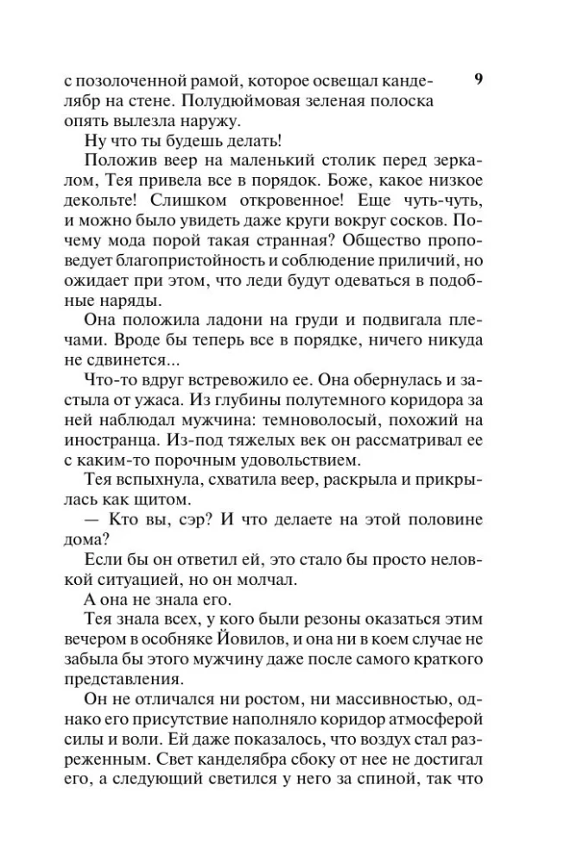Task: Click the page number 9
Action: pyautogui.click(x=479, y=79)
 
